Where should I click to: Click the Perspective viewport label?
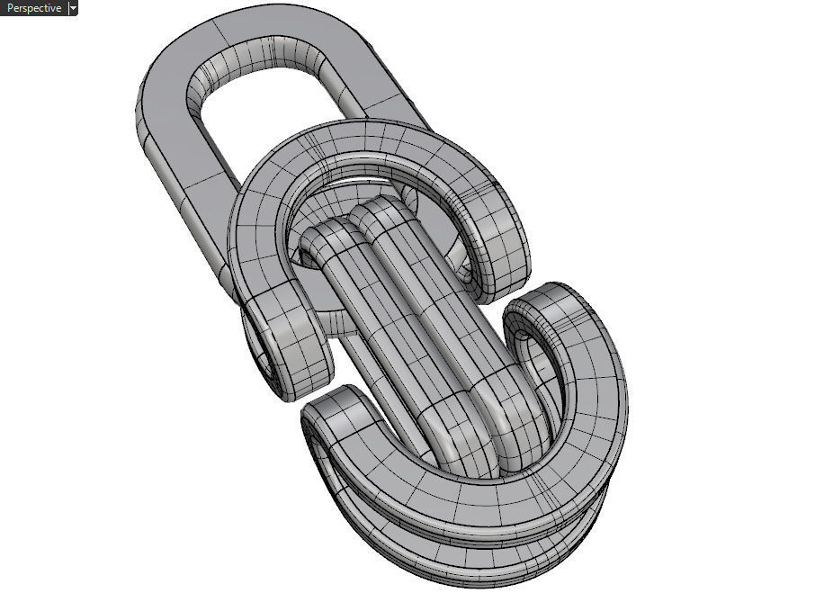click(x=34, y=8)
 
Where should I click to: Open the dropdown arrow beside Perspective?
click(x=73, y=8)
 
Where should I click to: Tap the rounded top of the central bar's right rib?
click(x=378, y=211)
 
